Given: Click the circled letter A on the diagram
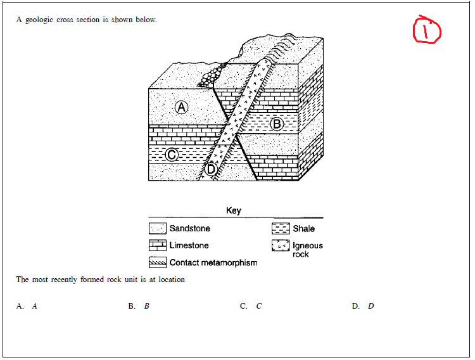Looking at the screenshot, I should [182, 107].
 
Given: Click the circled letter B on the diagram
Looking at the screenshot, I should [276, 124].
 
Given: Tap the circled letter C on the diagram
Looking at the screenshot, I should [171, 155].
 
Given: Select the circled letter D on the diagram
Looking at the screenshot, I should [212, 169].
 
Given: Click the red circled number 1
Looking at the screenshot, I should [427, 30].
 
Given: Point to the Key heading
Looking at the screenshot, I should [234, 210].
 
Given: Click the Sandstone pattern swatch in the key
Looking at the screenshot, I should [157, 228].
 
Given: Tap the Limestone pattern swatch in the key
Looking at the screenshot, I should [157, 245].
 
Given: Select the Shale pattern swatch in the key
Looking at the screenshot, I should [281, 228].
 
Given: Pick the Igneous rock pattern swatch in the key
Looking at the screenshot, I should [281, 246].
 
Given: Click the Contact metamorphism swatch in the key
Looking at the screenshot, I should [157, 262].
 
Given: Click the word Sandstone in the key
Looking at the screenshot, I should [189, 228].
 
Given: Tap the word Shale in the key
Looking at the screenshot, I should [303, 228].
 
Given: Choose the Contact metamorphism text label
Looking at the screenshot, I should [213, 262].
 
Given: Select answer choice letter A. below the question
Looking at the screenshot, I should [20, 306].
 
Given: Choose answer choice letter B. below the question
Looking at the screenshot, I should [132, 306].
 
